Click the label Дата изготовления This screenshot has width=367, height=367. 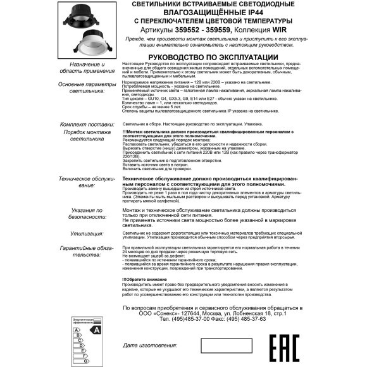click(150, 346)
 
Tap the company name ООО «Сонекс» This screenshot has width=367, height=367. click(160, 313)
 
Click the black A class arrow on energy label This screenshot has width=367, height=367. click(96, 330)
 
